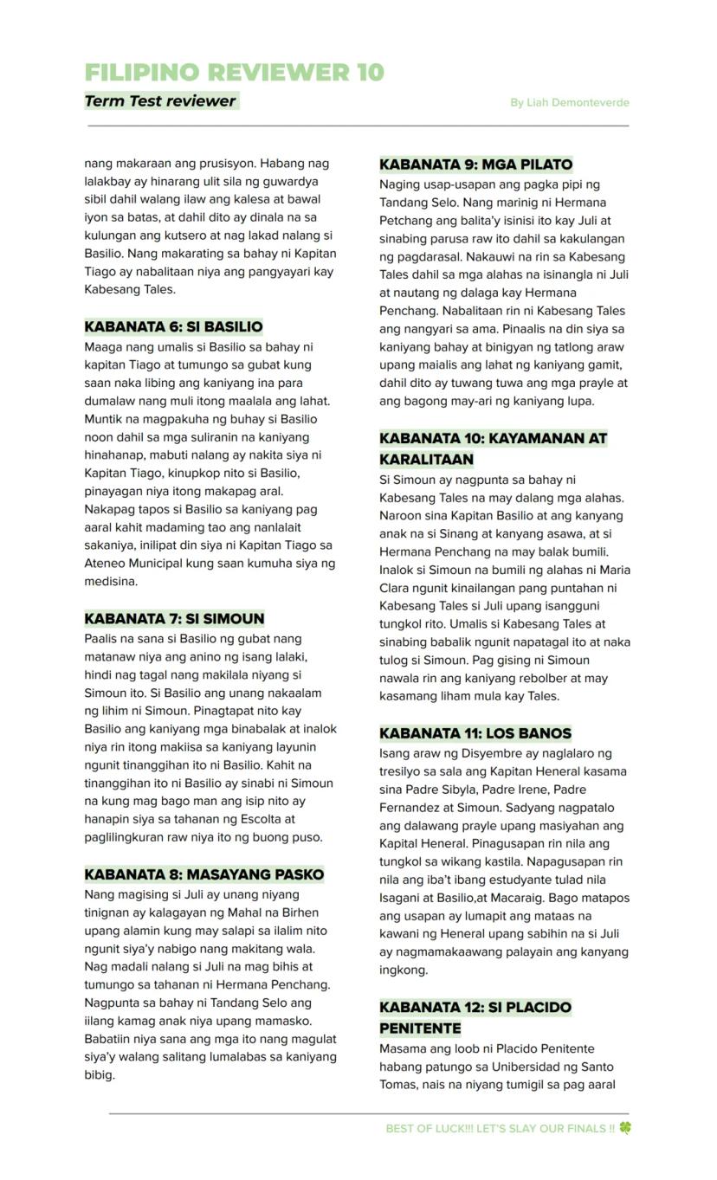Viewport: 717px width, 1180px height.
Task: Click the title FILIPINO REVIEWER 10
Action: (x=234, y=72)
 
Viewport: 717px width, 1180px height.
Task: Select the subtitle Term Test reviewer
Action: (x=160, y=101)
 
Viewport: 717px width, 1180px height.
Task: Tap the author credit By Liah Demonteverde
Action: (x=569, y=102)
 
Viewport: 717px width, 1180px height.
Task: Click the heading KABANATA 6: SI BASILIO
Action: (x=173, y=326)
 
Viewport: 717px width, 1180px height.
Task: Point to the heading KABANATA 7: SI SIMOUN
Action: (x=174, y=618)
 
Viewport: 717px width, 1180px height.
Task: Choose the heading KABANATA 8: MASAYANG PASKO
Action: (x=203, y=874)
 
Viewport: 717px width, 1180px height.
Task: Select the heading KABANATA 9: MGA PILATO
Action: (x=475, y=164)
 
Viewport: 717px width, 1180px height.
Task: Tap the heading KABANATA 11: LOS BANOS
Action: (x=475, y=732)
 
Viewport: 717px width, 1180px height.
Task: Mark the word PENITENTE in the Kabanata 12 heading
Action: (x=420, y=1028)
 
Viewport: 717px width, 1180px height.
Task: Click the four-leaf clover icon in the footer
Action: (x=624, y=1128)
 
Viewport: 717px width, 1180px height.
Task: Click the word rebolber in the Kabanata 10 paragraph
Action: (x=538, y=678)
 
